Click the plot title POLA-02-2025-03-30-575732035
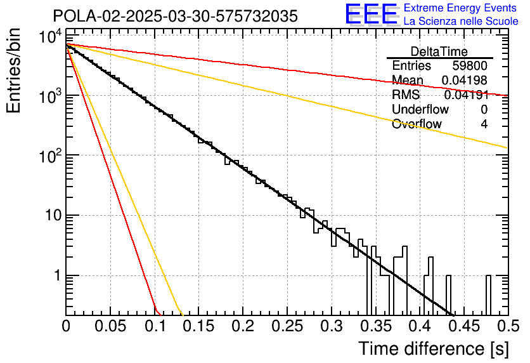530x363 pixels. click(175, 16)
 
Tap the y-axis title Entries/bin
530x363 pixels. click(13, 70)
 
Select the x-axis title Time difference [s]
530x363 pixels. click(434, 348)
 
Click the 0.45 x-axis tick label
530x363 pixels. click(465, 326)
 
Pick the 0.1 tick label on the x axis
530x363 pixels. click(155, 326)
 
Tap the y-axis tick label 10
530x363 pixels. click(53, 215)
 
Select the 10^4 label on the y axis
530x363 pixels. click(51, 37)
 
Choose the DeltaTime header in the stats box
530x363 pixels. click(439, 51)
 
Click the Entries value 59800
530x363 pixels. click(470, 65)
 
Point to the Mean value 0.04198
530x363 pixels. click(465, 80)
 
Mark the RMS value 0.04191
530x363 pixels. click(466, 95)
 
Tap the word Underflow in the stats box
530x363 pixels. click(420, 109)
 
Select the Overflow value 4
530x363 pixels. click(484, 124)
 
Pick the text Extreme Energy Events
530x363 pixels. click(460, 8)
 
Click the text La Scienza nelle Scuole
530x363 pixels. click(461, 21)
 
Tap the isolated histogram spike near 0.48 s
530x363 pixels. click(488, 295)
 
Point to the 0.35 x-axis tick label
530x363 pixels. click(376, 326)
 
